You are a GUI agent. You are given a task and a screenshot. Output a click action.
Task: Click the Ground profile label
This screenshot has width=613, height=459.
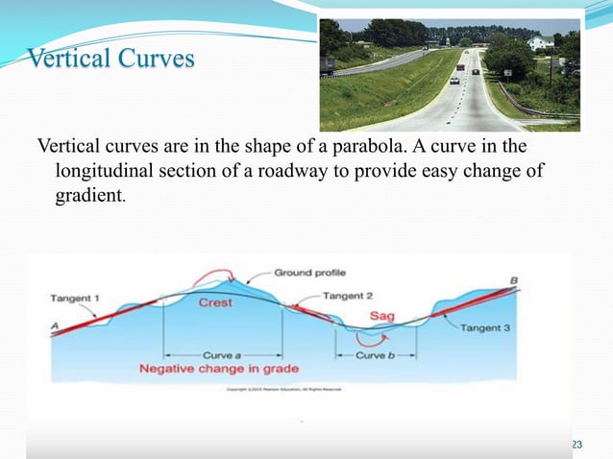(310, 273)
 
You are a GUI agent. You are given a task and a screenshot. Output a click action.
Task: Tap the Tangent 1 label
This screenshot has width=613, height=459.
(74, 299)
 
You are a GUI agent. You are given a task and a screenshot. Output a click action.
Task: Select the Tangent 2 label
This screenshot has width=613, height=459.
(347, 296)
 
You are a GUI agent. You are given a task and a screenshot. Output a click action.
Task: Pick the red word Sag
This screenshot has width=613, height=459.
(380, 317)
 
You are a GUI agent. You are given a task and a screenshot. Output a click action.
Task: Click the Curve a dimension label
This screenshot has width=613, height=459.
(224, 355)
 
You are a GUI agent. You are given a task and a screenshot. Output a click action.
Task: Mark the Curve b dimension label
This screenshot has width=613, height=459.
(373, 355)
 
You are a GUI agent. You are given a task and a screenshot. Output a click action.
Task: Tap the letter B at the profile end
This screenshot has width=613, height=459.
(514, 280)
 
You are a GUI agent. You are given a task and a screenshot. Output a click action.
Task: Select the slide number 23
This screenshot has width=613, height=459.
(576, 443)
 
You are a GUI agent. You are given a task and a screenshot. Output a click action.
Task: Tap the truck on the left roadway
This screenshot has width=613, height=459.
(330, 64)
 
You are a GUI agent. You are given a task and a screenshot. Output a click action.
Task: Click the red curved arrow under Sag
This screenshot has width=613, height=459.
(368, 337)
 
